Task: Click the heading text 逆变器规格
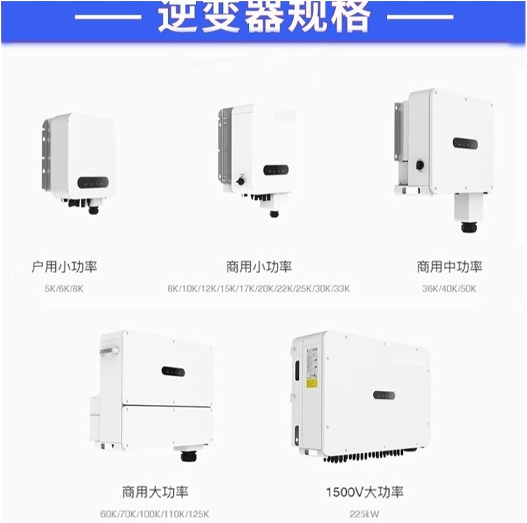point(263,16)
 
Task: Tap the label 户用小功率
point(64,267)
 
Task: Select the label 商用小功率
point(259,267)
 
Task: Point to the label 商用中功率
point(449,267)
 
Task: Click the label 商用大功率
point(155,492)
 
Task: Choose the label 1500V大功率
point(364,492)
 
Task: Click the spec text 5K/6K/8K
point(64,289)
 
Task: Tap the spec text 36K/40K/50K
point(449,289)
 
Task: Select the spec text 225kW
point(364,514)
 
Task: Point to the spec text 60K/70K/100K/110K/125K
point(155,514)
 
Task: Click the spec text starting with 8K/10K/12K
point(259,289)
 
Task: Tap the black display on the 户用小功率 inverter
point(93,182)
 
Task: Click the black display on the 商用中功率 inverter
point(466,143)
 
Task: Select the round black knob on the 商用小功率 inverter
point(241,181)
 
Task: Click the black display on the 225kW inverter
point(384,395)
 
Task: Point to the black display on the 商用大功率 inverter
point(173,371)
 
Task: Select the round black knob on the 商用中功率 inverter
point(419,164)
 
